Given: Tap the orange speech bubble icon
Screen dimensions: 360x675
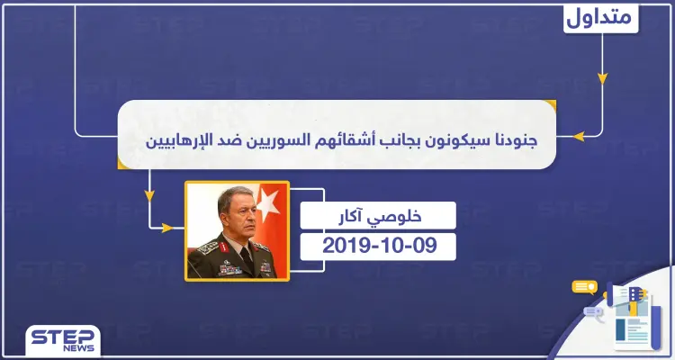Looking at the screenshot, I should coord(586,288).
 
